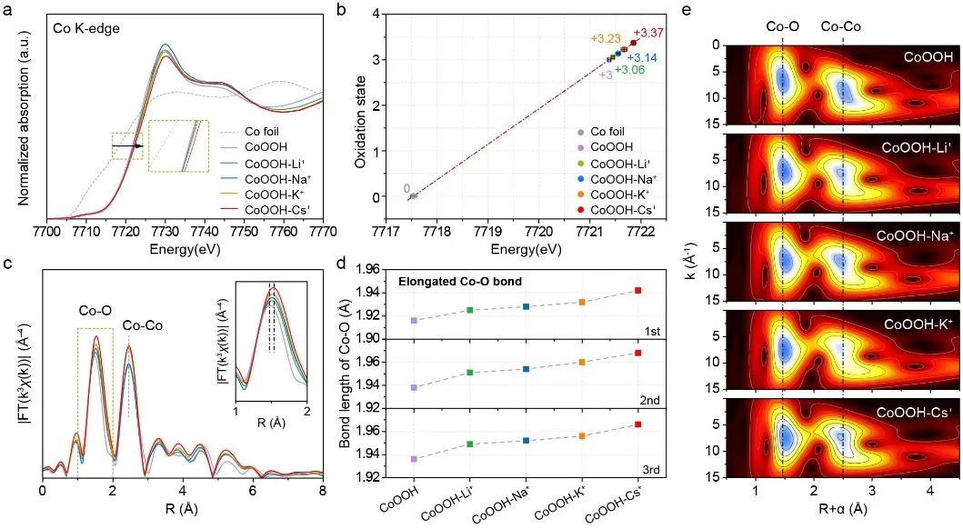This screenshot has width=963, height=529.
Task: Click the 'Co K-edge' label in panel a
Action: point(87,29)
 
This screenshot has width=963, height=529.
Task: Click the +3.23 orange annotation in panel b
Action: point(606,39)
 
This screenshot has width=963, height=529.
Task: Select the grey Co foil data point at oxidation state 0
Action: point(414,195)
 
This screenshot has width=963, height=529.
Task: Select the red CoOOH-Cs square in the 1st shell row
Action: point(638,290)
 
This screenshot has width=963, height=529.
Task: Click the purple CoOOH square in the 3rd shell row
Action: point(414,459)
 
